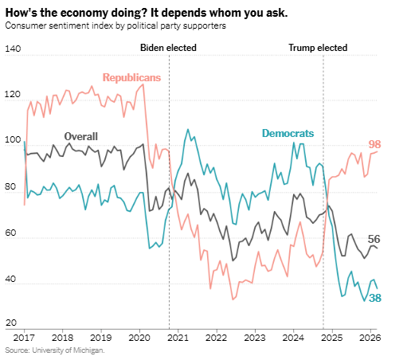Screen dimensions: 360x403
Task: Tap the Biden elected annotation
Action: pyautogui.click(x=168, y=48)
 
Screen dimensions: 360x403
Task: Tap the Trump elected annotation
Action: pyautogui.click(x=317, y=48)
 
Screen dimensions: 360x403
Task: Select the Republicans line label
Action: pyautogui.click(x=131, y=77)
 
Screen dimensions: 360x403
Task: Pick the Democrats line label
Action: pyautogui.click(x=288, y=133)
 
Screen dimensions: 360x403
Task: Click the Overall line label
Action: pyautogui.click(x=80, y=136)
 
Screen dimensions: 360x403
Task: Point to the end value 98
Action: pyautogui.click(x=375, y=144)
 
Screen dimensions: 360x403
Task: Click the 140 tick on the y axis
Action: pyautogui.click(x=12, y=49)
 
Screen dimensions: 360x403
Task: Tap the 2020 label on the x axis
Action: pyautogui.click(x=139, y=338)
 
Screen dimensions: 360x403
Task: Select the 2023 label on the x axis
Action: pyautogui.click(x=254, y=338)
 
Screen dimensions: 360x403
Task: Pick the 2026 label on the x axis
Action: pyautogui.click(x=369, y=338)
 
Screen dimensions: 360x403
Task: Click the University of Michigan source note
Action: pyautogui.click(x=54, y=350)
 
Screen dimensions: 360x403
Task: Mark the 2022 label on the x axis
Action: pyautogui.click(x=216, y=338)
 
